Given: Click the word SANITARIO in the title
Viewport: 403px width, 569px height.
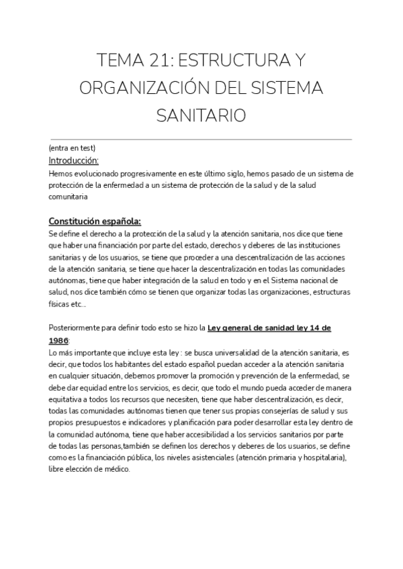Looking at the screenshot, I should click(201, 116).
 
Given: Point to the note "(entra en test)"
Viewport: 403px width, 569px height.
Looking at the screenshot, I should click(72, 148).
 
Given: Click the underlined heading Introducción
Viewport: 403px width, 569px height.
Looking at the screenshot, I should click(74, 160).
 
